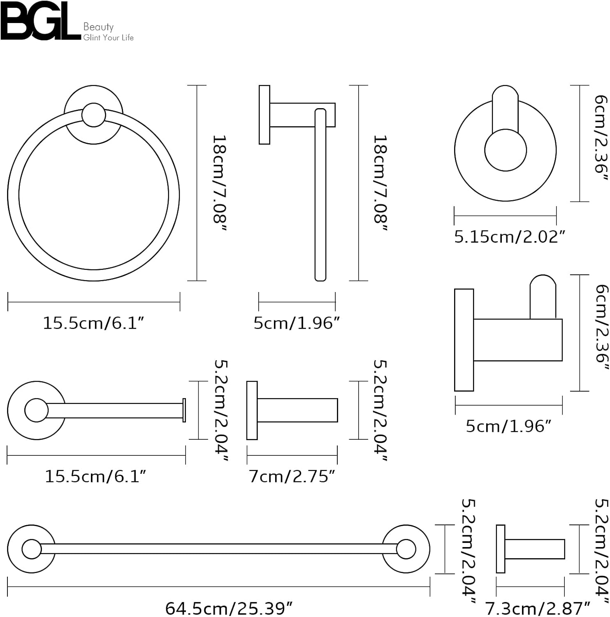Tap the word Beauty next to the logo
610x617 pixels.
(x=98, y=27)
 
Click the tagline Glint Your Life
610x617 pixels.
(x=109, y=37)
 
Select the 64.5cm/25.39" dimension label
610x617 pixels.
(x=229, y=608)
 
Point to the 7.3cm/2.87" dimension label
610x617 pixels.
(x=538, y=608)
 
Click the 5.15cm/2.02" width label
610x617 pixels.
(x=509, y=237)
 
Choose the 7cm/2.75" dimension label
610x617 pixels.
(x=292, y=476)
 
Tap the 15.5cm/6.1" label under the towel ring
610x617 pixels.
(x=93, y=323)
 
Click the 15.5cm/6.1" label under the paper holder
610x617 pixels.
(x=95, y=476)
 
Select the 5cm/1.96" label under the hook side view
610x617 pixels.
(x=508, y=426)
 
